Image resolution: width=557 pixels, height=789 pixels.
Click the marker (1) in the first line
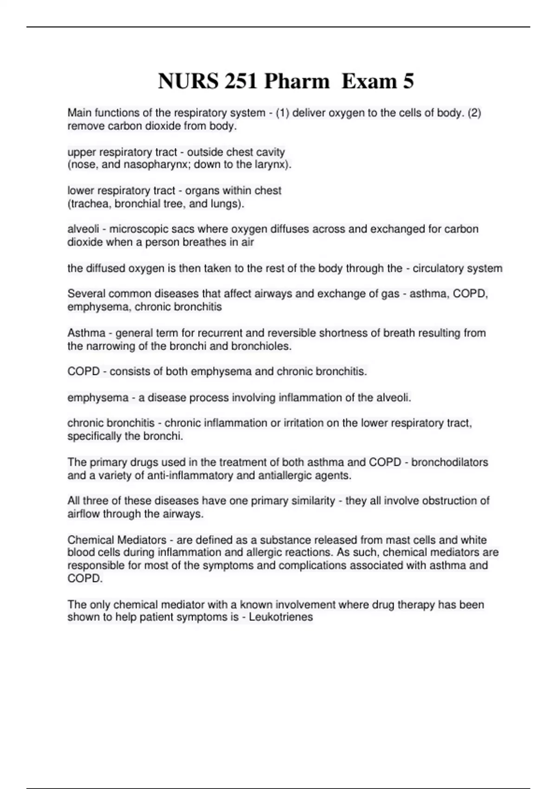[283, 113]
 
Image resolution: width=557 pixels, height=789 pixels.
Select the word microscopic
[137, 229]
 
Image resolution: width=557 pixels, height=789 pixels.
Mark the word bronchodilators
[449, 462]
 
